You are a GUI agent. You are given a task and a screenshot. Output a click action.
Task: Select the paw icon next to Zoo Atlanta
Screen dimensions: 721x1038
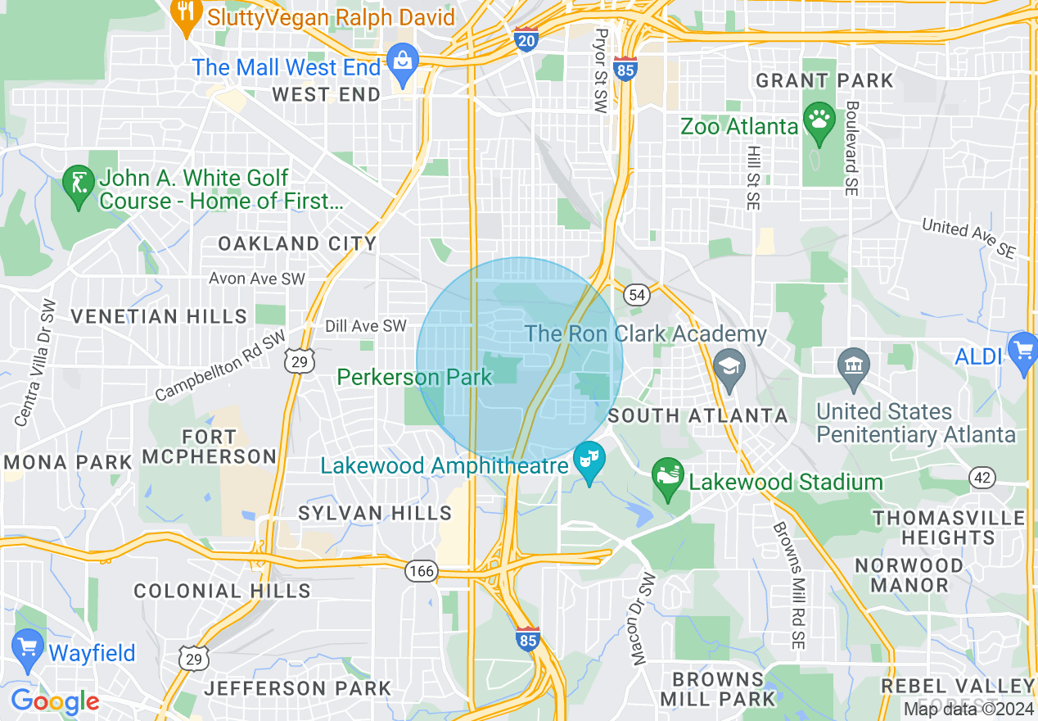pos(818,121)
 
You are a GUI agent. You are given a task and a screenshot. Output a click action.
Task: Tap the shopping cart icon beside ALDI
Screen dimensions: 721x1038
pos(1022,352)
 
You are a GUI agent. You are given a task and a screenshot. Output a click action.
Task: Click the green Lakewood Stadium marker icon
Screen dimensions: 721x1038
pos(668,478)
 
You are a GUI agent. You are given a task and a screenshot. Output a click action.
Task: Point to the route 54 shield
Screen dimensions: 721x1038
pos(636,294)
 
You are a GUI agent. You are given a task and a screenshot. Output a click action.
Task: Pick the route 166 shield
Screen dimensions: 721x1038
pos(422,570)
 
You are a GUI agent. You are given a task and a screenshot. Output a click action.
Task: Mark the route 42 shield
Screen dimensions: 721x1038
pos(982,477)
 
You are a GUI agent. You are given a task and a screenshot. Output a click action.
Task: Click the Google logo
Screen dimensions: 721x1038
pos(55,701)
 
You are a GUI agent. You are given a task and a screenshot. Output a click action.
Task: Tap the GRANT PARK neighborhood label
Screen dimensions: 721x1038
pos(824,80)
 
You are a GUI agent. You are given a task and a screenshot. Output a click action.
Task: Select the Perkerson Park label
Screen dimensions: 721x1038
pos(414,377)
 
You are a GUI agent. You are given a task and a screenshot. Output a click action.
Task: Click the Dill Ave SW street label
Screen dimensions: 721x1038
pos(365,326)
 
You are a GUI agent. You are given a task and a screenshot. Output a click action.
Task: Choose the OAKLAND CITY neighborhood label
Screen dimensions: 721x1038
pos(297,243)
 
